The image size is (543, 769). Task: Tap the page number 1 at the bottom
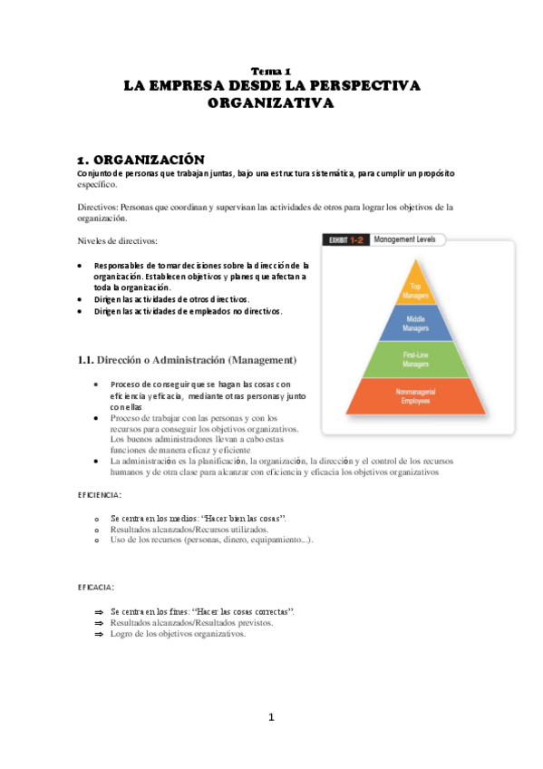pyautogui.click(x=270, y=717)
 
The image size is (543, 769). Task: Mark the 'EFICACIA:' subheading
pyautogui.click(x=95, y=588)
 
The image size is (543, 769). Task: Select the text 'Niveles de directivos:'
pyautogui.click(x=118, y=240)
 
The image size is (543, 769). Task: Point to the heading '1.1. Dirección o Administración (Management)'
pyautogui.click(x=187, y=360)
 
